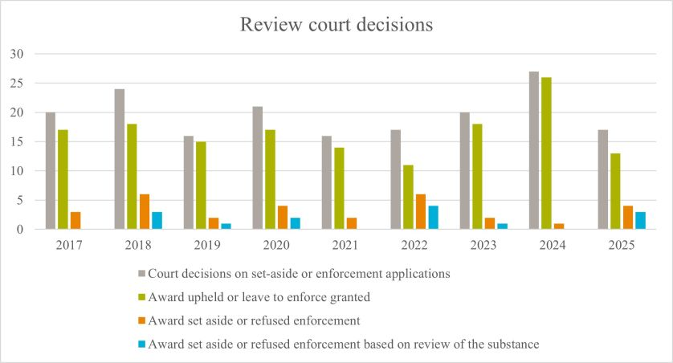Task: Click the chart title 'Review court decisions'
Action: (x=336, y=25)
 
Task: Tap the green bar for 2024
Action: (x=546, y=153)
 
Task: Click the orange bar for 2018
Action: (x=144, y=212)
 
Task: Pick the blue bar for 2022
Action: (x=434, y=218)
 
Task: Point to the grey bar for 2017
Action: (x=51, y=171)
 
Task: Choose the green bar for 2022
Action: (x=409, y=197)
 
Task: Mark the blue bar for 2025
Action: (x=640, y=221)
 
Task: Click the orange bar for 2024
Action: (x=559, y=226)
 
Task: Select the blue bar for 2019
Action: (x=226, y=226)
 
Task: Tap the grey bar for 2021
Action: (x=327, y=182)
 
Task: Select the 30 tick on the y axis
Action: (x=18, y=54)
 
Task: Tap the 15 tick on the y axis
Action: (x=18, y=141)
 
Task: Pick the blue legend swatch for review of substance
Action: (x=144, y=344)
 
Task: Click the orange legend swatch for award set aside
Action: (x=144, y=320)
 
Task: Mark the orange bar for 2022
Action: (x=421, y=212)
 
